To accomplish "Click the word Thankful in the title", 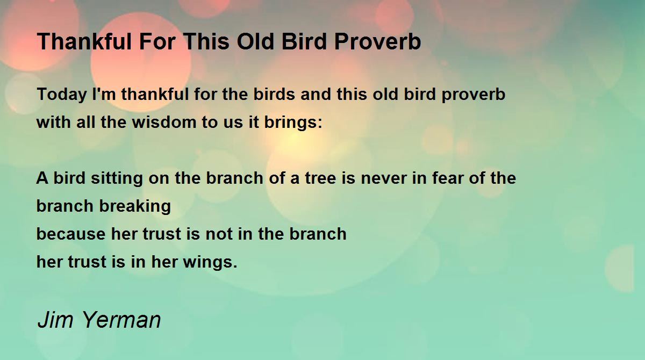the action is (x=84, y=41).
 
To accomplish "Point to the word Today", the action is (x=62, y=95).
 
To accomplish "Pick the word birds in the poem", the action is (x=274, y=94).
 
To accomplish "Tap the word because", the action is (x=71, y=234).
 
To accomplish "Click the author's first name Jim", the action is (x=55, y=319).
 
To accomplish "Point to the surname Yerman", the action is (x=122, y=319).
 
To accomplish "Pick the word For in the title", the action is (x=157, y=41).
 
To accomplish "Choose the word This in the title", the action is (x=206, y=41).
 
